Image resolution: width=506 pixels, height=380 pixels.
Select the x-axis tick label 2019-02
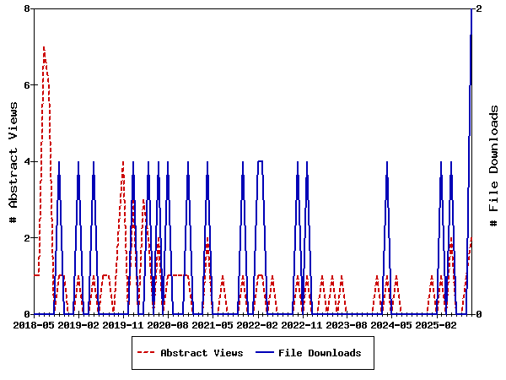click(78, 324)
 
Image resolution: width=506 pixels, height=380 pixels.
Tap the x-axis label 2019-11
click(123, 324)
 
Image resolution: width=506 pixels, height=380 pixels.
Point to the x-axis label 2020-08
click(168, 324)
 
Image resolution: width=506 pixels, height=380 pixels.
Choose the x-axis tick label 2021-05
click(213, 324)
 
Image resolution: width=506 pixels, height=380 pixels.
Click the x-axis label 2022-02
click(257, 324)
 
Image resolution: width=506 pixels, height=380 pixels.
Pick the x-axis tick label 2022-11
click(302, 324)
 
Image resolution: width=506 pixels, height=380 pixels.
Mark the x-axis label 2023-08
click(347, 324)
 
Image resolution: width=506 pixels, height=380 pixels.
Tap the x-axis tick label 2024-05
click(391, 324)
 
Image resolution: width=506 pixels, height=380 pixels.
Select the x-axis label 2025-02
click(436, 324)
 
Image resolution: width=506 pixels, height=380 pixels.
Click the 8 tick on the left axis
click(27, 8)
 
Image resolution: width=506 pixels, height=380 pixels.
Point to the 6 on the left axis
click(27, 85)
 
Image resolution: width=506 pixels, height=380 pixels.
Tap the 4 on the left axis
click(27, 161)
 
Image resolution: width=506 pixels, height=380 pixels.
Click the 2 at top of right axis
click(479, 8)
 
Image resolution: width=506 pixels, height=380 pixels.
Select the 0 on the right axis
click(479, 314)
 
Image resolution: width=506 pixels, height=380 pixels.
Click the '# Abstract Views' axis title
click(13, 161)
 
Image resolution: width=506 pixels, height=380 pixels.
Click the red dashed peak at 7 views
click(44, 47)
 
